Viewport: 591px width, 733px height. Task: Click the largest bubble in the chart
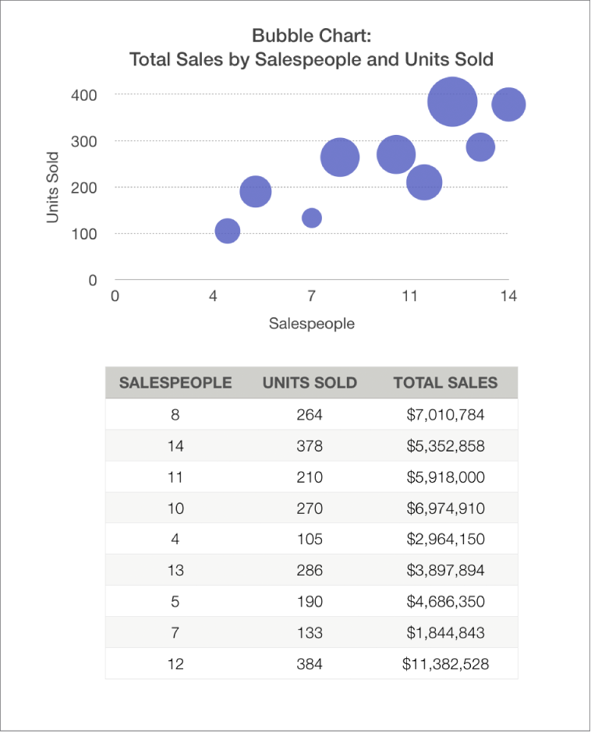coord(452,101)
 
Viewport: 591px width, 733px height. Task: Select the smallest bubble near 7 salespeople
coord(312,218)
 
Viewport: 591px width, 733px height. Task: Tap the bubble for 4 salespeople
coord(227,231)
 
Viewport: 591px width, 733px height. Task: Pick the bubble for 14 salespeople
coord(508,104)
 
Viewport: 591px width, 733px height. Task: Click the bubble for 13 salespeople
coord(481,147)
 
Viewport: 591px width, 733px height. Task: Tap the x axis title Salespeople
coord(311,323)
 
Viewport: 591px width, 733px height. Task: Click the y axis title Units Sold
coord(53,187)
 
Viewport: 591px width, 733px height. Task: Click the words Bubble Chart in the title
coord(311,36)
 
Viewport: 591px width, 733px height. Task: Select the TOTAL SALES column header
coord(445,383)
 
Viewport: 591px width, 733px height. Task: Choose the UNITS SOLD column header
coord(310,383)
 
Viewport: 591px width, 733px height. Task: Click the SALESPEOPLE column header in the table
coord(175,383)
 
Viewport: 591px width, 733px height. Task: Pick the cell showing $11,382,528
coord(445,664)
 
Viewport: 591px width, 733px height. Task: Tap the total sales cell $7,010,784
coord(445,415)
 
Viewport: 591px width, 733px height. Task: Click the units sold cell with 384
coord(310,664)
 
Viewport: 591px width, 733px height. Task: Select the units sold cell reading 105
coord(310,540)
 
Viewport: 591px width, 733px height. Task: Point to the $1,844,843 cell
coord(445,632)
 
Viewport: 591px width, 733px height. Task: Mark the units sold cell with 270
coord(310,508)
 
